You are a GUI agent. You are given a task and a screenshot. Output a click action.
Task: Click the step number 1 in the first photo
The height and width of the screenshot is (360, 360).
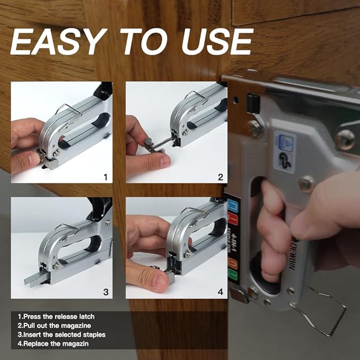click(x=105, y=176)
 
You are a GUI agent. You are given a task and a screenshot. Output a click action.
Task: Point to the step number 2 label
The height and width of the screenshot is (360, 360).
click(x=220, y=176)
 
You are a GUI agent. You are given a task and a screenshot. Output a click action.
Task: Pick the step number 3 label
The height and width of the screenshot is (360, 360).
click(x=105, y=291)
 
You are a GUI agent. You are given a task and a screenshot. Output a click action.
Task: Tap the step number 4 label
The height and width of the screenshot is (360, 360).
click(x=220, y=291)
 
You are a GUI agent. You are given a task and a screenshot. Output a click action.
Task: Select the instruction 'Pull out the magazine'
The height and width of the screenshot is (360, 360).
click(x=54, y=326)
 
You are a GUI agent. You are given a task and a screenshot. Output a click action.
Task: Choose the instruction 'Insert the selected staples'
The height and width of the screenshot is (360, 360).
click(x=61, y=335)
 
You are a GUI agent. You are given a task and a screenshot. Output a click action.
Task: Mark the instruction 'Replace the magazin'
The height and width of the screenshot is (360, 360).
click(x=52, y=344)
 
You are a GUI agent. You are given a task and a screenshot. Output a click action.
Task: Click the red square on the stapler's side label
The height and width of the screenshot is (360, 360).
click(x=232, y=218)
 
